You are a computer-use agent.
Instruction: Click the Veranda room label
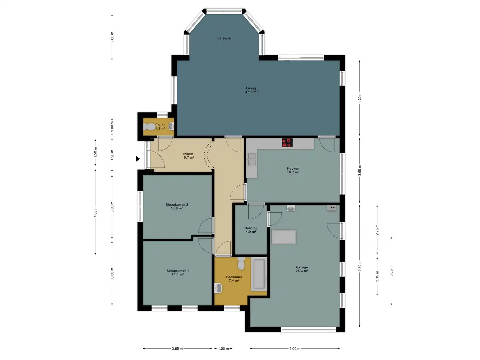coord(224,38)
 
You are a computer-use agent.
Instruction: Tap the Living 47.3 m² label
coord(251,90)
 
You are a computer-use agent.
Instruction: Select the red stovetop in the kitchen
coord(287,143)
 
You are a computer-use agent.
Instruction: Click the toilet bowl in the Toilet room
coord(149,126)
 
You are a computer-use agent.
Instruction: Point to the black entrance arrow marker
coord(138,159)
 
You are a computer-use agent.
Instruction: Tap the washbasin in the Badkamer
coord(218,288)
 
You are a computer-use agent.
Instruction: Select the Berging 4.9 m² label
coord(251,230)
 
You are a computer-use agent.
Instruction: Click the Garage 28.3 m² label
coord(302,269)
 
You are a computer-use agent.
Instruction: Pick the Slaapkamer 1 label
coord(178,271)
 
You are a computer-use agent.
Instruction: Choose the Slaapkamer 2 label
coord(177,205)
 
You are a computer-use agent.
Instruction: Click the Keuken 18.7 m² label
coord(293,170)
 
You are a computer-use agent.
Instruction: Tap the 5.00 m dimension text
coord(295,349)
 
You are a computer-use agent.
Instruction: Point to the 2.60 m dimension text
coord(112,37)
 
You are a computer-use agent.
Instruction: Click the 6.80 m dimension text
coord(360,266)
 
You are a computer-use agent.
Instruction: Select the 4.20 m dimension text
coord(360,98)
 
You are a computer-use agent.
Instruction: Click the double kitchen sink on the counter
coord(252,159)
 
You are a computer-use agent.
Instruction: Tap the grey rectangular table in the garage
coord(284,237)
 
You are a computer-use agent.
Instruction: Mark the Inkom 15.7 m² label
coord(188,156)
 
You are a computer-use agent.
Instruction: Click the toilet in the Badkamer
coord(241,264)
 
